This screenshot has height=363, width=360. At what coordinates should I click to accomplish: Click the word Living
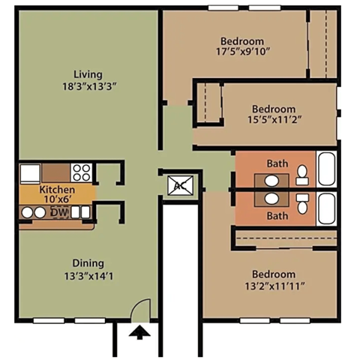(x=88, y=73)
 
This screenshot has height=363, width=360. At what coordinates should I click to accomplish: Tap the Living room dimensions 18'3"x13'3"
(x=88, y=86)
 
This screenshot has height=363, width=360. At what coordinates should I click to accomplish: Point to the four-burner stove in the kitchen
(x=82, y=173)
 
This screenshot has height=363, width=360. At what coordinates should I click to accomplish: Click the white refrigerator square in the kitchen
(x=30, y=173)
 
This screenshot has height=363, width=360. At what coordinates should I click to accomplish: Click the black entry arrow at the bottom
(x=138, y=331)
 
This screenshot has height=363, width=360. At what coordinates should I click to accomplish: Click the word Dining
(x=88, y=262)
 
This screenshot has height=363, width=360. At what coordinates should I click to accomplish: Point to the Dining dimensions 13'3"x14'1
(x=88, y=275)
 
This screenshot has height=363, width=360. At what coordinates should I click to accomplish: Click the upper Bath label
(x=277, y=163)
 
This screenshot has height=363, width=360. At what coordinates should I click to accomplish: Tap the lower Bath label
(x=277, y=216)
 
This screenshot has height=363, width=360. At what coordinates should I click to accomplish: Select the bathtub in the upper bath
(x=327, y=169)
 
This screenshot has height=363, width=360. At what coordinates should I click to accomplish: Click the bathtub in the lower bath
(x=327, y=208)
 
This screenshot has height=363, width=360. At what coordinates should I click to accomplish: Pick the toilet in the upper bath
(x=301, y=175)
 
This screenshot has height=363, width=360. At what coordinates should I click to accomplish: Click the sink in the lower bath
(x=270, y=199)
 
